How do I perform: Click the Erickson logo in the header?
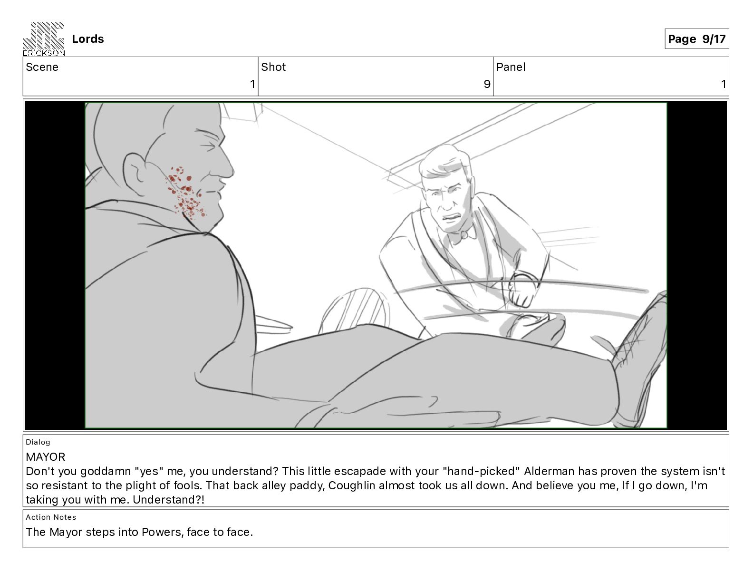pyautogui.click(x=44, y=39)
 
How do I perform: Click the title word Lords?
pyautogui.click(x=87, y=39)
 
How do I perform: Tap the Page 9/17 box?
pyautogui.click(x=696, y=39)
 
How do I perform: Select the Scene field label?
pyautogui.click(x=42, y=67)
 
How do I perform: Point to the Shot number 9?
pyautogui.click(x=487, y=84)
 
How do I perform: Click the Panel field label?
pyautogui.click(x=511, y=67)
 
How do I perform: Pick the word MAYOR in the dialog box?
pyautogui.click(x=45, y=457)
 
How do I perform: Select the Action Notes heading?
pyautogui.click(x=51, y=517)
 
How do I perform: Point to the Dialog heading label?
pyautogui.click(x=38, y=442)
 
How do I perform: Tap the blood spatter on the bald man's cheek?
pyautogui.click(x=185, y=193)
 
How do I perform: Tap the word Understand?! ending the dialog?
pyautogui.click(x=168, y=500)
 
